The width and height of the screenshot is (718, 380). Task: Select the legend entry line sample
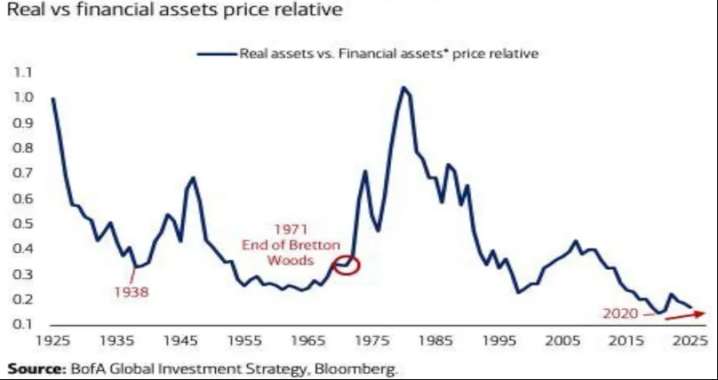point(215,53)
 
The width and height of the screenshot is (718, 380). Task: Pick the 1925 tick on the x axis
point(52,340)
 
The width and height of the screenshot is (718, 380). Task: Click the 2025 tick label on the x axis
point(688,340)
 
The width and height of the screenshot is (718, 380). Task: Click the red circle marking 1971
point(347,265)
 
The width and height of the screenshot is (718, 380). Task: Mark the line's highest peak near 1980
point(403,87)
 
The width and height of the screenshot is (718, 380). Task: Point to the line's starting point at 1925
point(53,99)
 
